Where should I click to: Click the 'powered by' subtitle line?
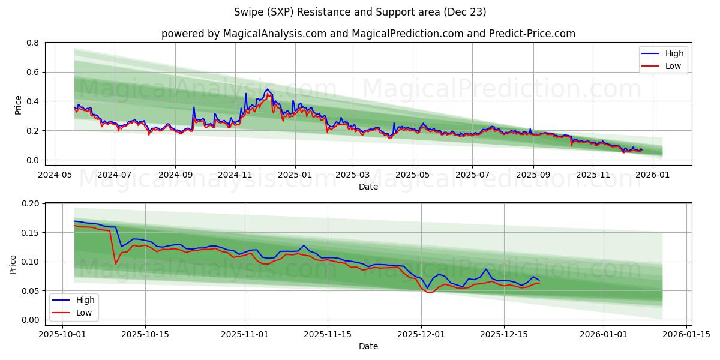tap(368, 34)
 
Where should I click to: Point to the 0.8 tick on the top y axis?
tap(32, 43)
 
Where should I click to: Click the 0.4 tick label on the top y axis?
tap(32, 101)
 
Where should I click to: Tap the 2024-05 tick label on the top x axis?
tap(55, 175)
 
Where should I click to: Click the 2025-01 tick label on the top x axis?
tap(295, 175)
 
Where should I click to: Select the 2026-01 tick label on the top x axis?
tap(652, 175)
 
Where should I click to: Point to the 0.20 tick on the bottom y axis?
tap(30, 203)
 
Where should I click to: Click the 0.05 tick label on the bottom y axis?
tap(30, 291)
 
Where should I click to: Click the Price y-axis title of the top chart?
tap(18, 105)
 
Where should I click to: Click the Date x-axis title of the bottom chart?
tap(368, 346)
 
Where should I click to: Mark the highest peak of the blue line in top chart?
tap(268, 89)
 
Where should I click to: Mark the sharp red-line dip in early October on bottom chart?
tap(115, 263)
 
